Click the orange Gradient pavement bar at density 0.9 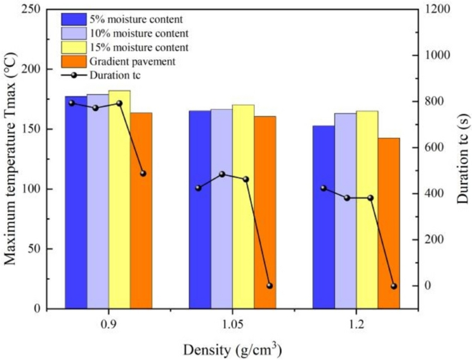pyautogui.click(x=141, y=210)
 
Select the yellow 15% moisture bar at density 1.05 pyautogui.click(x=243, y=206)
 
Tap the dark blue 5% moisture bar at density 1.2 pyautogui.click(x=324, y=217)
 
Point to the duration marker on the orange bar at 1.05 pyautogui.click(x=269, y=286)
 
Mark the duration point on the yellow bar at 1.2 pyautogui.click(x=371, y=198)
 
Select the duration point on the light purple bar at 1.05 pyautogui.click(x=222, y=174)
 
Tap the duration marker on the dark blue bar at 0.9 pyautogui.click(x=72, y=103)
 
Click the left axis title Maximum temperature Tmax pyautogui.click(x=10, y=159)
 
